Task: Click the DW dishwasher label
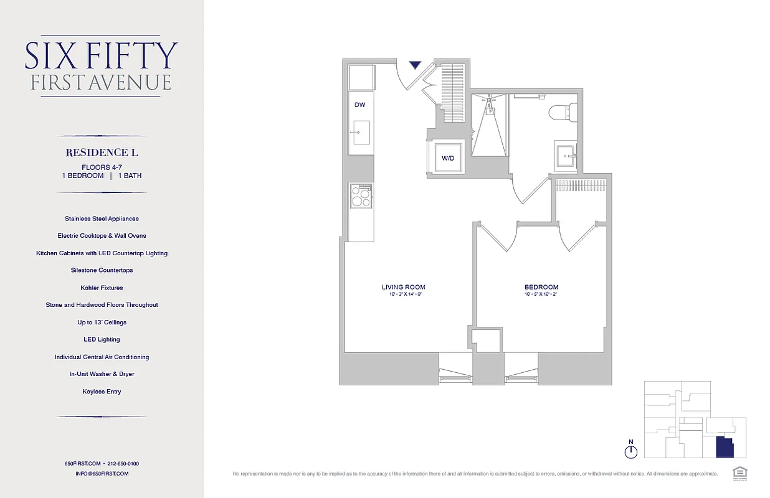tap(359, 105)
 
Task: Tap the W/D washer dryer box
tap(448, 158)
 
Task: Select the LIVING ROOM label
tap(403, 287)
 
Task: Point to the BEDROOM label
tap(541, 287)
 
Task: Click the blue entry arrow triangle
tap(416, 65)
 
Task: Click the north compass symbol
tap(631, 450)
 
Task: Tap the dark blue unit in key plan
tap(724, 448)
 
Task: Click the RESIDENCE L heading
tap(102, 152)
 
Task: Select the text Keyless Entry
tap(102, 392)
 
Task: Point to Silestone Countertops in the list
tap(102, 270)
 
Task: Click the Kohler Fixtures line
tap(102, 288)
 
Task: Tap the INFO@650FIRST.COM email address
tap(102, 474)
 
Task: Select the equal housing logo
tap(740, 472)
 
